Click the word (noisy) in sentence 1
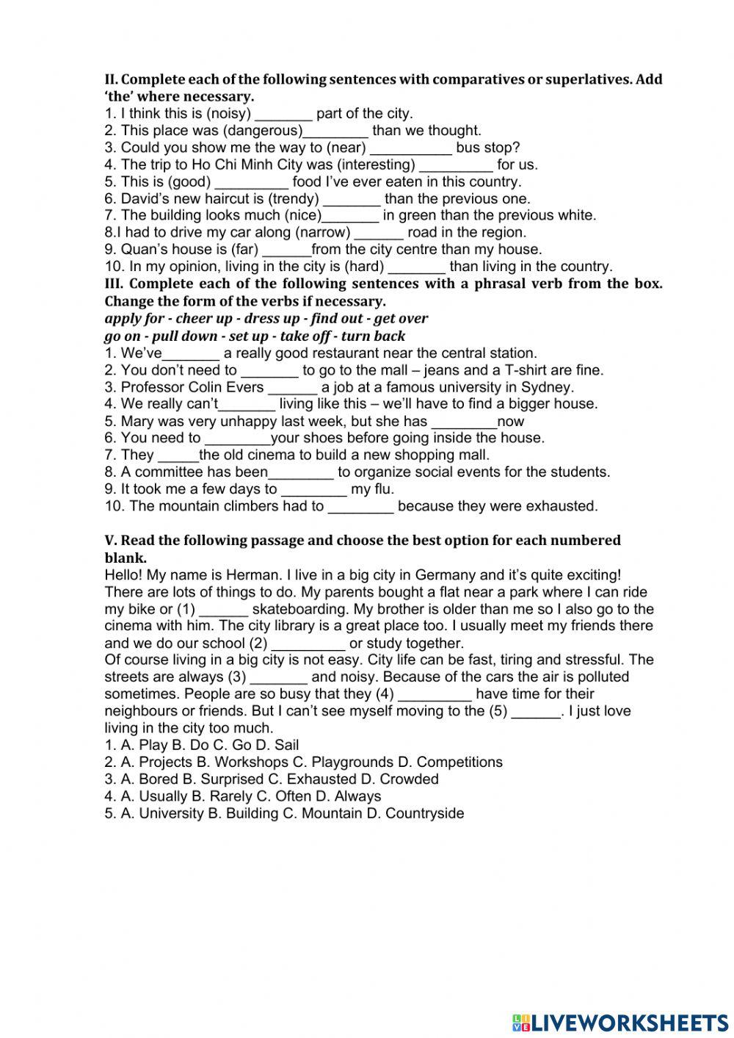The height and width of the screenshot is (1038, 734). tap(228, 114)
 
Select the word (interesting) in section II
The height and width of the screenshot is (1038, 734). tap(374, 165)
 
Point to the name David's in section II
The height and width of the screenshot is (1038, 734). tap(148, 199)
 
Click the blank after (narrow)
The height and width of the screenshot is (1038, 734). tap(379, 233)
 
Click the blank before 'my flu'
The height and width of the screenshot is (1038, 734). tap(313, 489)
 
